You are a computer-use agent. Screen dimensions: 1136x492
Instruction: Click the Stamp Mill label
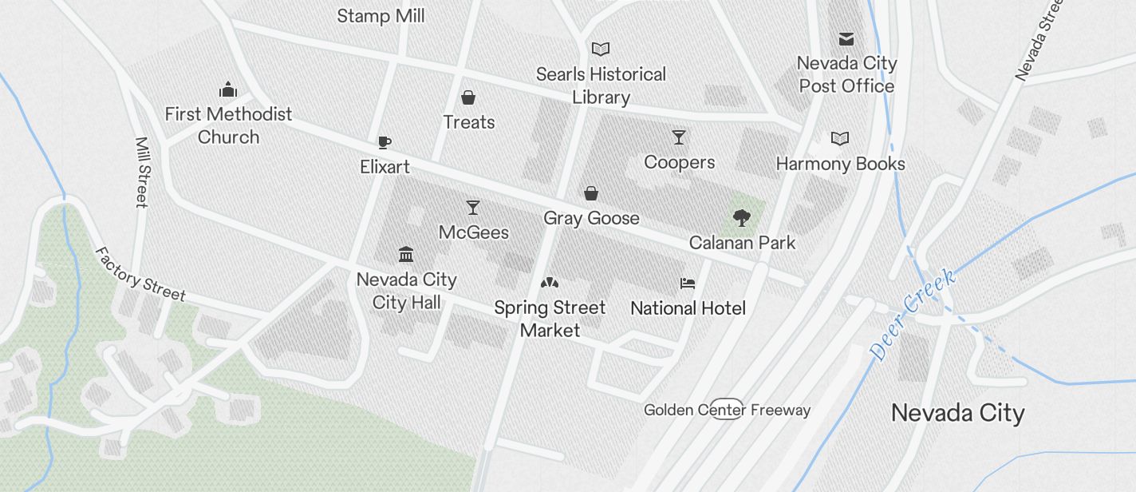[381, 16]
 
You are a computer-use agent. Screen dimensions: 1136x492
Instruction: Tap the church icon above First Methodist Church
[228, 89]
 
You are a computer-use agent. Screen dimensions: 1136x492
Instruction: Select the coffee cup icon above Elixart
[385, 143]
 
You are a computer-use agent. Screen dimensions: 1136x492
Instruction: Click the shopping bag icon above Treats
[468, 98]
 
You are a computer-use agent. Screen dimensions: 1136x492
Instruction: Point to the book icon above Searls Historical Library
[601, 50]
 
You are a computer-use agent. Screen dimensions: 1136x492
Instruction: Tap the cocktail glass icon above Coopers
[679, 137]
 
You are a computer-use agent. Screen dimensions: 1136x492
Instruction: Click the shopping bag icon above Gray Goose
[591, 193]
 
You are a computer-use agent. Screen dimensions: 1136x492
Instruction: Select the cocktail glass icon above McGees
[473, 208]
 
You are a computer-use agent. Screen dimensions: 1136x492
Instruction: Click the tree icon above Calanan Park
[742, 217]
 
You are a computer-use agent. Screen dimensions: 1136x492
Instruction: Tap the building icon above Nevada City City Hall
[406, 255]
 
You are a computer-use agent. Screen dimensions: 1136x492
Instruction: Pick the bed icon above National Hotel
[688, 284]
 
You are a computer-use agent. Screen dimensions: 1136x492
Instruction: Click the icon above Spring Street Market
[550, 283]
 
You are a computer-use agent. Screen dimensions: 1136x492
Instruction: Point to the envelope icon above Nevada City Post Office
[846, 38]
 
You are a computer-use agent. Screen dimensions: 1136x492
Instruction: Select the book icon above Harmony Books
[840, 139]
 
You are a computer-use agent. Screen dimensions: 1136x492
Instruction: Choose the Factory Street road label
[140, 274]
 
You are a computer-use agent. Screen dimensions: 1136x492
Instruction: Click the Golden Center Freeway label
[727, 411]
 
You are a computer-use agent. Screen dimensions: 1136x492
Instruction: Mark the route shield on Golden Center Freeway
[727, 407]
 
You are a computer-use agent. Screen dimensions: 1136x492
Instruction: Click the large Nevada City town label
[957, 413]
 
